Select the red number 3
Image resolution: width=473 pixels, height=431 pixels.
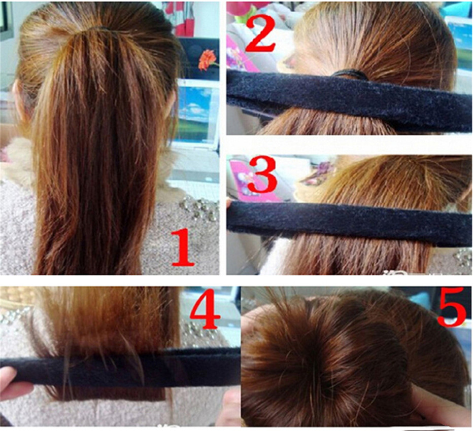(262, 175)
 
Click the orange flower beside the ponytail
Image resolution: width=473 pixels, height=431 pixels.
(207, 59)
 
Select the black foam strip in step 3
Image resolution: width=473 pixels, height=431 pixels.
(350, 223)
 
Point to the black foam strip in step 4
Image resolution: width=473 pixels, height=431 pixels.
(121, 368)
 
